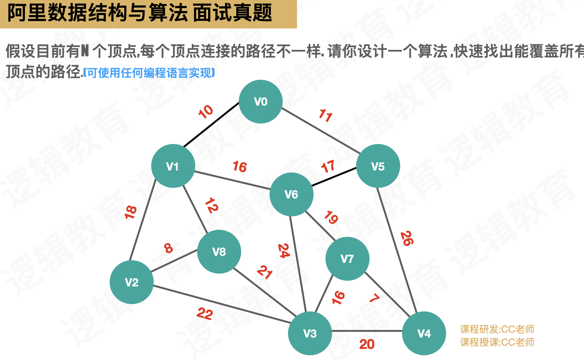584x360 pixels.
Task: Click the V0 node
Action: [x=261, y=102]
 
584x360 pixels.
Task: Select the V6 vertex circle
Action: [x=291, y=194]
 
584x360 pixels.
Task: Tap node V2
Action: [x=132, y=282]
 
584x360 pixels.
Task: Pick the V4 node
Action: [x=424, y=333]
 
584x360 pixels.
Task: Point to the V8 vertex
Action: [x=219, y=252]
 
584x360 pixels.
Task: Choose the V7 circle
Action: [x=347, y=259]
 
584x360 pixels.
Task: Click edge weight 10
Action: [x=206, y=112]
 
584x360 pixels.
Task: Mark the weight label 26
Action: [x=407, y=238]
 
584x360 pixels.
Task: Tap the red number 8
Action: [x=168, y=248]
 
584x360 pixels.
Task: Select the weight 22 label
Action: [x=205, y=314]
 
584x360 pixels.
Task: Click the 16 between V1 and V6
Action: [x=240, y=167]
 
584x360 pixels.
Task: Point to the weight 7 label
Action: [x=375, y=298]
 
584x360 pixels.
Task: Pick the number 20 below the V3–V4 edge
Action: [x=367, y=344]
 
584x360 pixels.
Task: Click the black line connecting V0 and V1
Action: [x=211, y=125]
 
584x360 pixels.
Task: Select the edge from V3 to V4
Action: [x=367, y=331]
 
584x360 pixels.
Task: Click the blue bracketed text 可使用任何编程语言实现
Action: [x=149, y=73]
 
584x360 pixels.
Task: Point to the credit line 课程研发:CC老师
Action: [x=497, y=329]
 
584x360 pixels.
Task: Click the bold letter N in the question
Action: [x=85, y=51]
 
